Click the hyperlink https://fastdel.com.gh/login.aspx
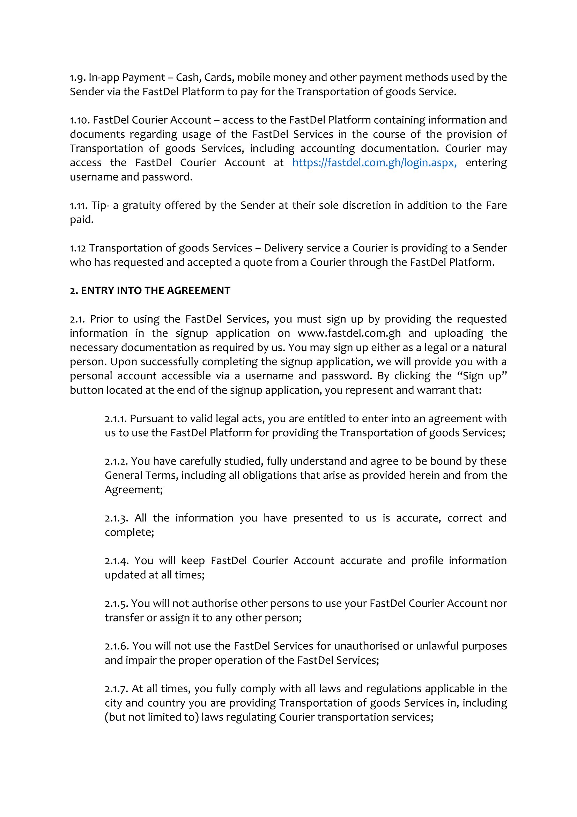coord(374,163)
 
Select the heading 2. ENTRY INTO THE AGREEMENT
coord(150,291)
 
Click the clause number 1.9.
coord(77,78)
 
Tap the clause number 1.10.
coord(80,120)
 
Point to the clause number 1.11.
coord(79,206)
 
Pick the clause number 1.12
coord(77,248)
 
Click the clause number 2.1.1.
coord(116,419)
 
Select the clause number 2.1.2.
coord(116,461)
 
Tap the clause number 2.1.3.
coord(116,518)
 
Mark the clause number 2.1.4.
coord(116,561)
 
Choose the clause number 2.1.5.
coord(116,604)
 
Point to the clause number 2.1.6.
coord(117,646)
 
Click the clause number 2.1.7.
coord(116,688)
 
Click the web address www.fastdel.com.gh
coord(349,334)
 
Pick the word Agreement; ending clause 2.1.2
coord(134,490)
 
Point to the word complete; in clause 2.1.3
coord(130,532)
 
